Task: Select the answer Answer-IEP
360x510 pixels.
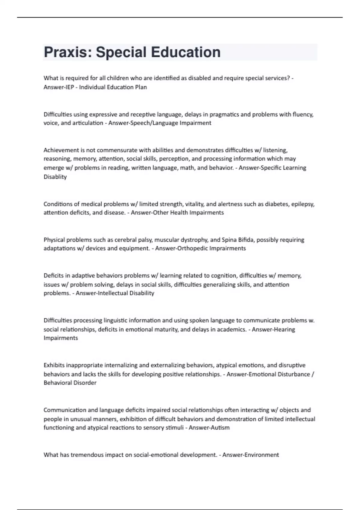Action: pyautogui.click(x=59, y=87)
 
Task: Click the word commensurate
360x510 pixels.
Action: pyautogui.click(x=115, y=150)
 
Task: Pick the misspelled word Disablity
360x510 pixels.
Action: pyautogui.click(x=55, y=177)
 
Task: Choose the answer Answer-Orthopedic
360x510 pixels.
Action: pyautogui.click(x=180, y=248)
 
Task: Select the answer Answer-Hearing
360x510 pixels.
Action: pyautogui.click(x=273, y=329)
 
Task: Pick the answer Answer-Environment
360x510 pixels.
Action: pyautogui.click(x=250, y=455)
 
